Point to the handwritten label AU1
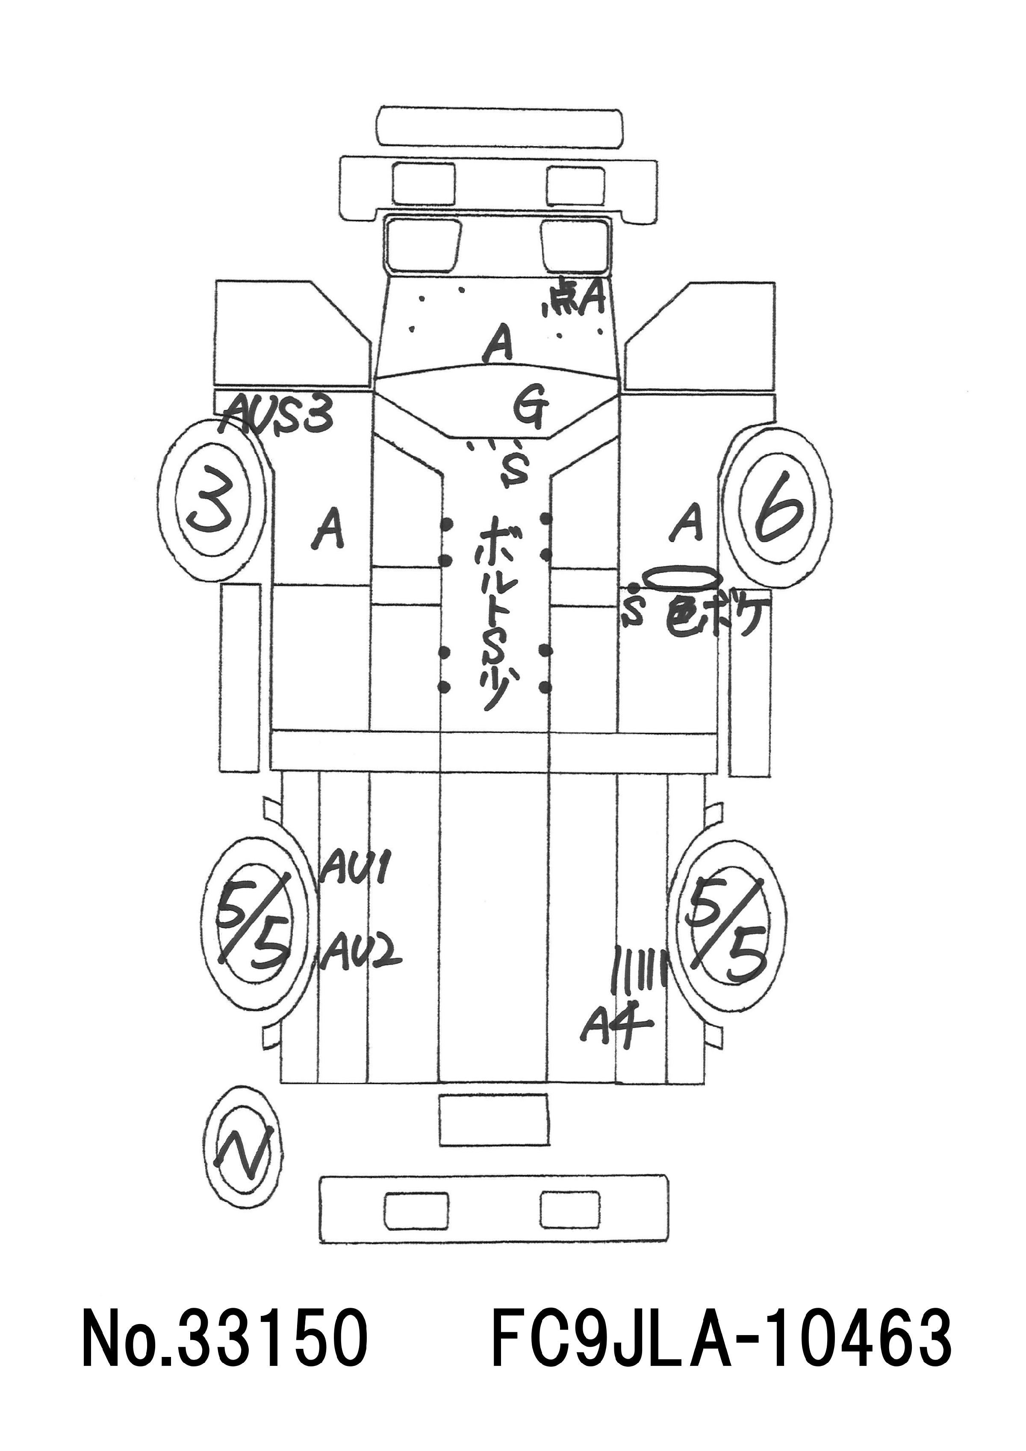point(355,870)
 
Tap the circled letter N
point(244,1154)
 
